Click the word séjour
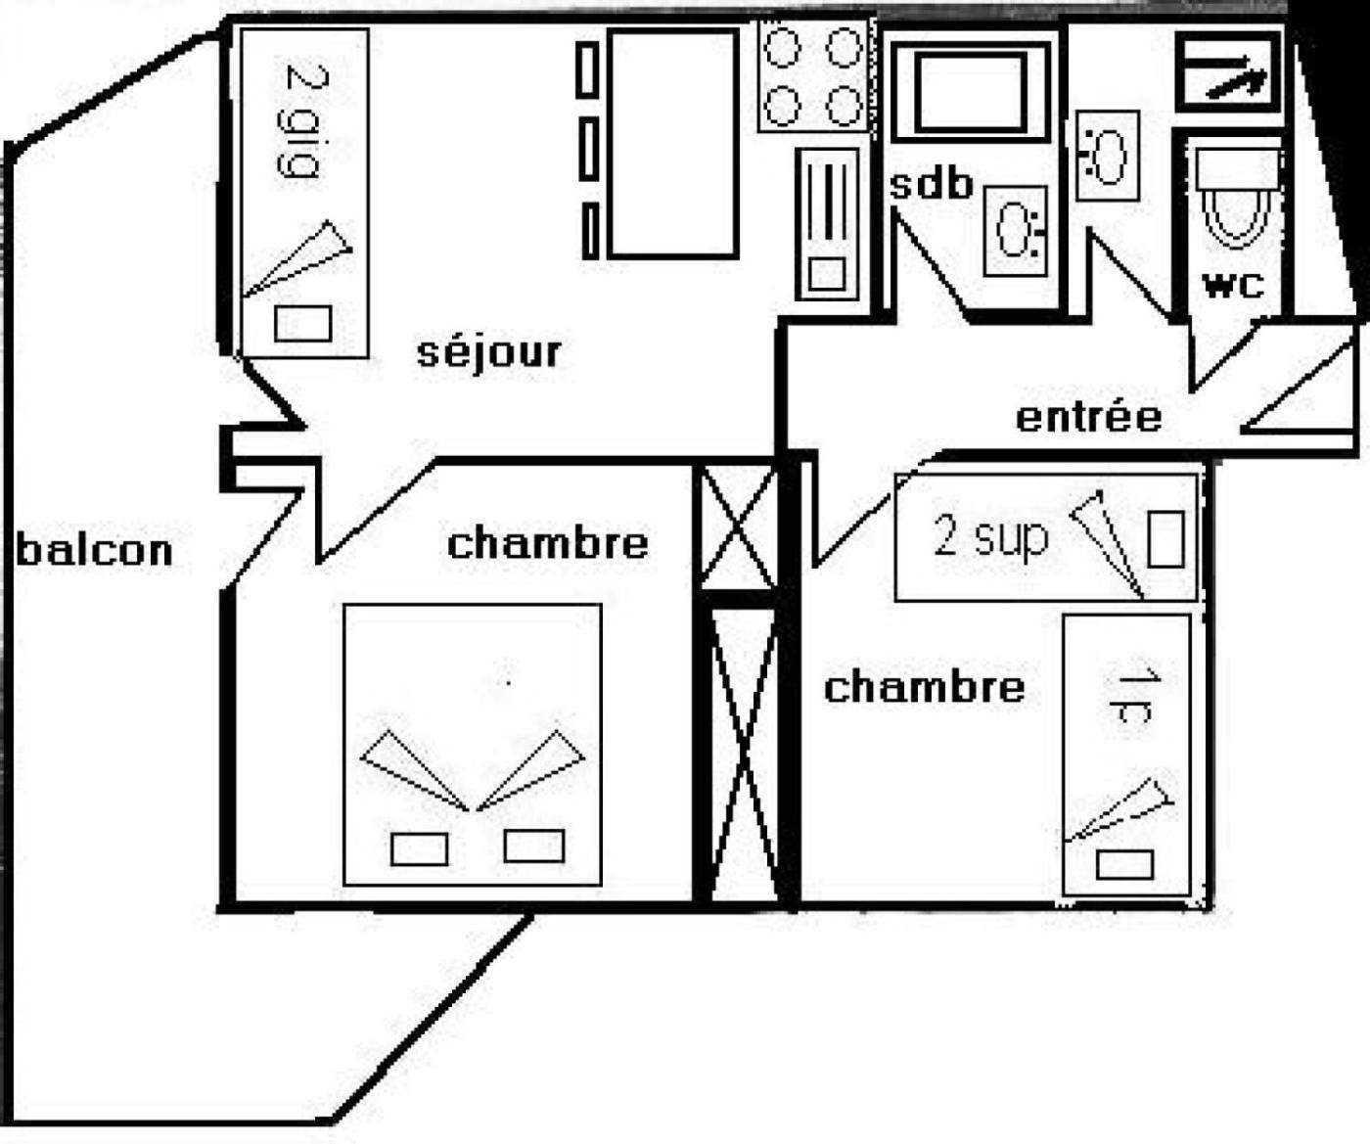[x=489, y=352]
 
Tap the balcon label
[x=95, y=550]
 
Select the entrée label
[x=1088, y=417]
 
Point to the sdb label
[x=931, y=183]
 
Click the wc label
[x=1233, y=286]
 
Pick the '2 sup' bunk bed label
[x=990, y=536]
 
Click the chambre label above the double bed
[x=547, y=543]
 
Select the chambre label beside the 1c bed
[x=924, y=687]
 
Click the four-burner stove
[x=813, y=76]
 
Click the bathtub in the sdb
[x=970, y=93]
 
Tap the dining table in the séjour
[x=672, y=143]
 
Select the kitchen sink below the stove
[x=828, y=224]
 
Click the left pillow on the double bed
[x=419, y=848]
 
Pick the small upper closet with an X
[x=739, y=528]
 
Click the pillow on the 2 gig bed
[x=302, y=323]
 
